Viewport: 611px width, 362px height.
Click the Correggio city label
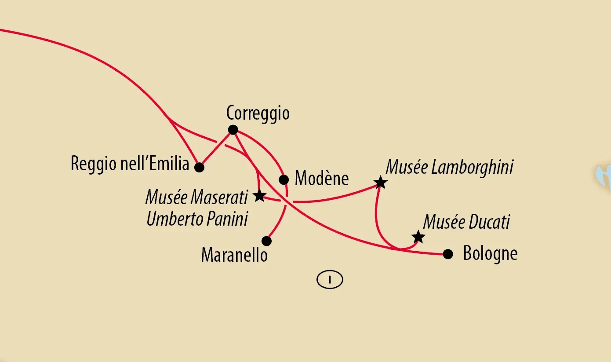[x=258, y=113]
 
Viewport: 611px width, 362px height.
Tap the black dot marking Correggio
[x=233, y=130]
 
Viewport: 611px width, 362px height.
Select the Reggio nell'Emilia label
[x=130, y=164]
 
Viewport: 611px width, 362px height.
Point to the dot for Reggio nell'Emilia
[x=199, y=167]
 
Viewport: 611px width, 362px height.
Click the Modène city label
[x=321, y=179]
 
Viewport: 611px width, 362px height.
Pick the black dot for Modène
[x=284, y=179]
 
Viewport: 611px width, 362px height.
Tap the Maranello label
[x=234, y=255]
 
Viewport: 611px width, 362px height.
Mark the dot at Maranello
[x=266, y=241]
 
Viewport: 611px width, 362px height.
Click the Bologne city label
[x=490, y=254]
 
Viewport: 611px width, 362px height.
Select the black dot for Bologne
[x=447, y=254]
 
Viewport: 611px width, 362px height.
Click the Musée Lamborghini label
[x=449, y=168]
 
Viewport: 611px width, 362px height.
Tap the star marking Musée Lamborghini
[x=380, y=183]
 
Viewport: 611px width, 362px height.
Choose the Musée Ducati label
[x=466, y=222]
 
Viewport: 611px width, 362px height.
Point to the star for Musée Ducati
[x=418, y=237]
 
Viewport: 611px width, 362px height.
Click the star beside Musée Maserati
[x=259, y=196]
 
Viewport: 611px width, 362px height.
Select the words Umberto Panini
[x=197, y=219]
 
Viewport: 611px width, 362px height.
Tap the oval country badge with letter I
[x=329, y=279]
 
